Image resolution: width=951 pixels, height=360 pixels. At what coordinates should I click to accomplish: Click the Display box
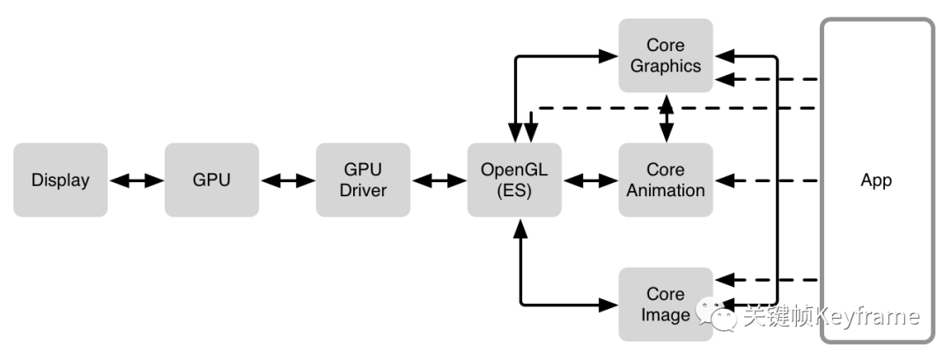(61, 180)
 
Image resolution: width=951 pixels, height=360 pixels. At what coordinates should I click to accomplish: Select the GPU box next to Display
(211, 180)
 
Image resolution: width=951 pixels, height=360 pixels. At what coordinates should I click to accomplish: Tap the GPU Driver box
(363, 180)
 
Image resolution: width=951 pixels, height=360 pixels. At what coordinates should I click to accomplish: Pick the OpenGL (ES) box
(514, 180)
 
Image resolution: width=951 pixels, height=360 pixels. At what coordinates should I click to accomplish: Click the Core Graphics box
(666, 55)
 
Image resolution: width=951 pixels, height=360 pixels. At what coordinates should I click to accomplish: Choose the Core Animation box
(666, 180)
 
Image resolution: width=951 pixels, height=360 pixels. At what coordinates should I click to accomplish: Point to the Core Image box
(666, 305)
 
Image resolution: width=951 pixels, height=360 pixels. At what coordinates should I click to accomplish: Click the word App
(876, 180)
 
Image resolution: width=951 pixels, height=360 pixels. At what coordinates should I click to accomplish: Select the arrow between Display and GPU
(136, 180)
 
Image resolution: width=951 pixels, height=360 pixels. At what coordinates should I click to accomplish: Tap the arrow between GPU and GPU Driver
(287, 180)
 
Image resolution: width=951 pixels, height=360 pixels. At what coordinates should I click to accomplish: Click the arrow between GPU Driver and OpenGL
(439, 180)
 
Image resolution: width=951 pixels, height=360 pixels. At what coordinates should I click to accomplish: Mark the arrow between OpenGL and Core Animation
(590, 180)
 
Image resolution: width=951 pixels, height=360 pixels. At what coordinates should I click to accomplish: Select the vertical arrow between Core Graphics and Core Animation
(667, 118)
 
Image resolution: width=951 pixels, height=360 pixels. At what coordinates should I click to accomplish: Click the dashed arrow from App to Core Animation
(766, 180)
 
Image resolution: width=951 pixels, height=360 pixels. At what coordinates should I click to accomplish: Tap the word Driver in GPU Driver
(363, 190)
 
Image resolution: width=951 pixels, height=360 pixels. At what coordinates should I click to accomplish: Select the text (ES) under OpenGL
(514, 190)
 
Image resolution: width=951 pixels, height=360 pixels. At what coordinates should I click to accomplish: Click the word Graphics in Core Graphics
(666, 66)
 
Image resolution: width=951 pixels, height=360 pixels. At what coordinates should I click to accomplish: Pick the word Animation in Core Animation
(666, 190)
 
